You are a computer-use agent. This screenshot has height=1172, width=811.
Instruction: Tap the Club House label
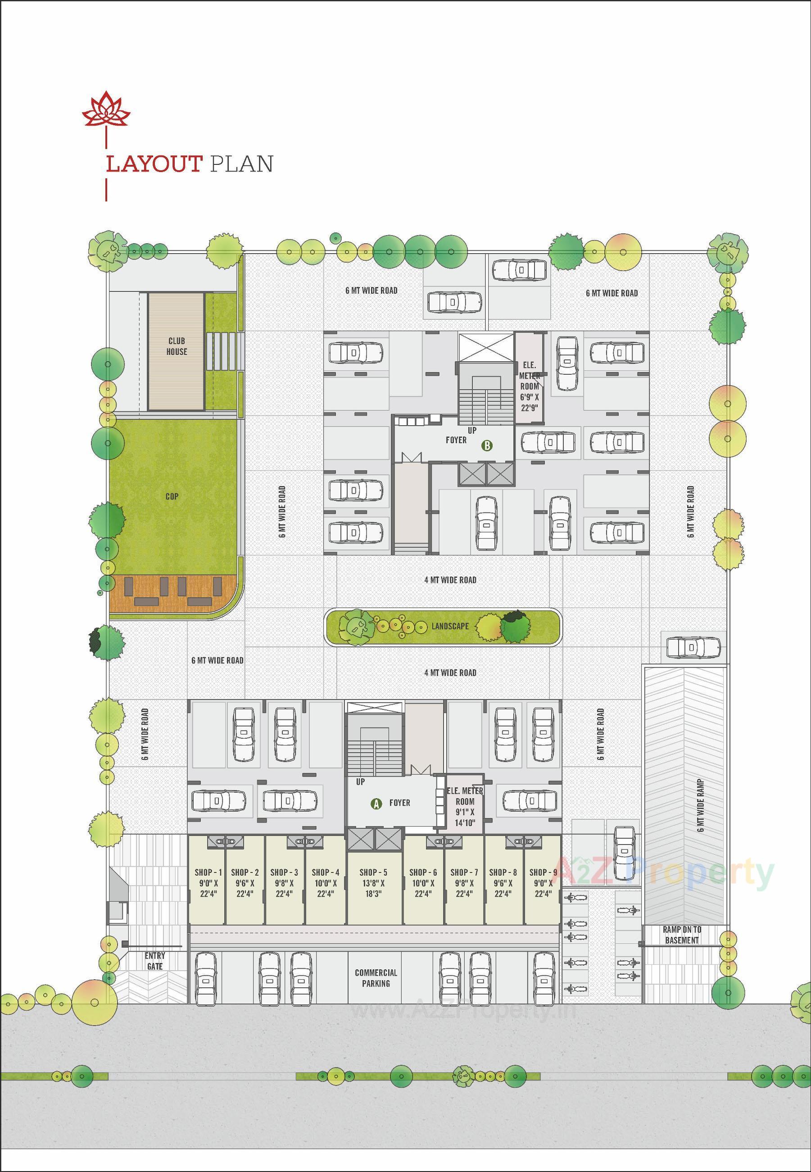177,346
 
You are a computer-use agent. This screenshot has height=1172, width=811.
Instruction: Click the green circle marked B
487,446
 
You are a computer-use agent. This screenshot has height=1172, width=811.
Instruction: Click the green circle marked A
376,804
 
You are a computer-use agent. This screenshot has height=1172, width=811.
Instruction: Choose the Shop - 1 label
208,872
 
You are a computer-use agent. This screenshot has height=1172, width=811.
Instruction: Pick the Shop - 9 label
543,872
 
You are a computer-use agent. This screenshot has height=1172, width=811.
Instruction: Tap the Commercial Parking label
376,978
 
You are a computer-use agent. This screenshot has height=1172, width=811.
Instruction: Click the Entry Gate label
154,961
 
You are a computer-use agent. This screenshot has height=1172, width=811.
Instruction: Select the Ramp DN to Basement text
681,935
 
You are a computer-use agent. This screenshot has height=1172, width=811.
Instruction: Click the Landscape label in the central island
450,626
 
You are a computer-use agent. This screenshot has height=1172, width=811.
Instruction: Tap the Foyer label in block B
456,440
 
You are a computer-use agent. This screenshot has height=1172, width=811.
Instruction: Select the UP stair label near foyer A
360,781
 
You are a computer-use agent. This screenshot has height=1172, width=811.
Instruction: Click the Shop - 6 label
423,872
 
